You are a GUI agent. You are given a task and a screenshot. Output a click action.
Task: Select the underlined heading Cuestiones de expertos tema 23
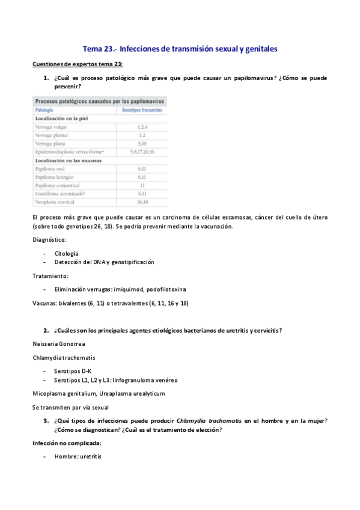pyautogui.click(x=78, y=64)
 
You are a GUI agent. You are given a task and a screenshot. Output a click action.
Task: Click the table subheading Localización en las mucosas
pyautogui.click(x=68, y=161)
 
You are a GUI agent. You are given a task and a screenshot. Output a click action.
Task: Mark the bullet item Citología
pyautogui.click(x=66, y=253)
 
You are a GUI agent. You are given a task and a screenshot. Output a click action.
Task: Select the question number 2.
pyautogui.click(x=46, y=330)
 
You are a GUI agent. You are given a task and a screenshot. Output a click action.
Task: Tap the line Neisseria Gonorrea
pyautogui.click(x=59, y=344)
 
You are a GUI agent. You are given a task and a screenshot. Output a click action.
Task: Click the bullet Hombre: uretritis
pyautogui.click(x=78, y=456)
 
